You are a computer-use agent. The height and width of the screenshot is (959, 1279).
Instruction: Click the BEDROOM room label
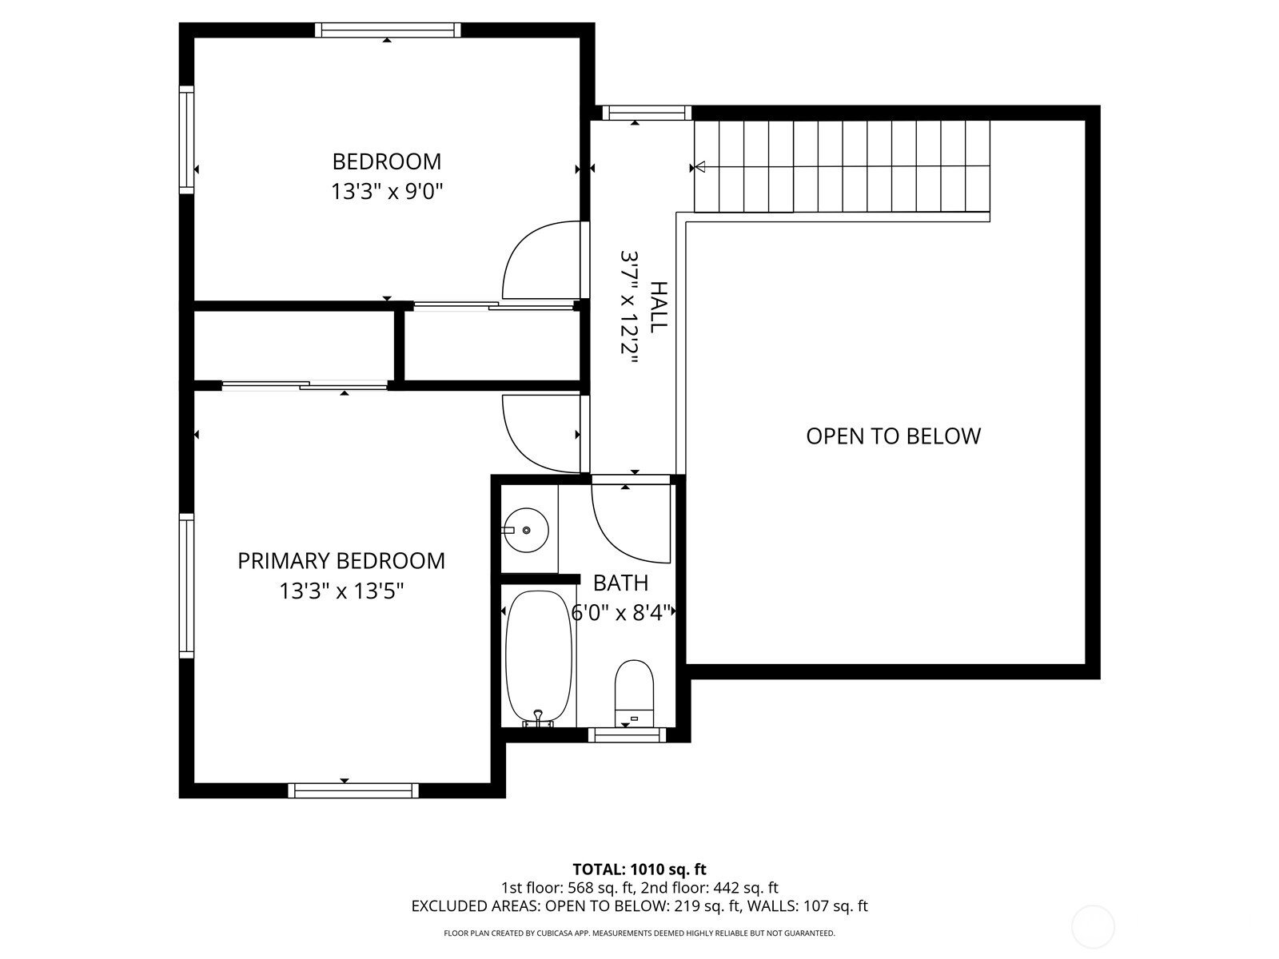(386, 161)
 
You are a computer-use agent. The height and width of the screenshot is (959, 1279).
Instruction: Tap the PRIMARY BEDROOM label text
(341, 561)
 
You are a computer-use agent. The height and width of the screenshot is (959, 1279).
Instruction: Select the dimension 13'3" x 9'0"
(387, 191)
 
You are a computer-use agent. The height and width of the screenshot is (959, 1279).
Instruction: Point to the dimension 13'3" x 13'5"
(341, 591)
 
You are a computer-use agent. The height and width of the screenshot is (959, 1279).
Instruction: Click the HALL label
(659, 307)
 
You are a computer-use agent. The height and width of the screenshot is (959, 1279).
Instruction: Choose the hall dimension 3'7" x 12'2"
(629, 307)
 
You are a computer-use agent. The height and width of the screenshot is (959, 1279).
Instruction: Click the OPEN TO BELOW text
(893, 436)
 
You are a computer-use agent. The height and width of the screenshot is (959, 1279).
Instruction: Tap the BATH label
(620, 583)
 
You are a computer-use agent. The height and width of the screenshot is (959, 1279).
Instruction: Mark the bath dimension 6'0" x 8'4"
(621, 612)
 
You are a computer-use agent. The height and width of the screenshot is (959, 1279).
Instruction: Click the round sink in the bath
(526, 530)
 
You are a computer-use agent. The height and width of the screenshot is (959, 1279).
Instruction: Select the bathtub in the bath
(539, 658)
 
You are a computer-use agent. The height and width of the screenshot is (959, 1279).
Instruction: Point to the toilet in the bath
(634, 693)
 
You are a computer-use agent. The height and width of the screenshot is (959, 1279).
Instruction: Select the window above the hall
(646, 113)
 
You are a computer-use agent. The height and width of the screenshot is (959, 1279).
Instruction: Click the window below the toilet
(627, 734)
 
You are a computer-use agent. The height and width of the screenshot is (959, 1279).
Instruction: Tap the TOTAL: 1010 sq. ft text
(639, 869)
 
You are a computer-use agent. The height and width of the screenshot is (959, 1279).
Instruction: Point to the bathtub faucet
(538, 718)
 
